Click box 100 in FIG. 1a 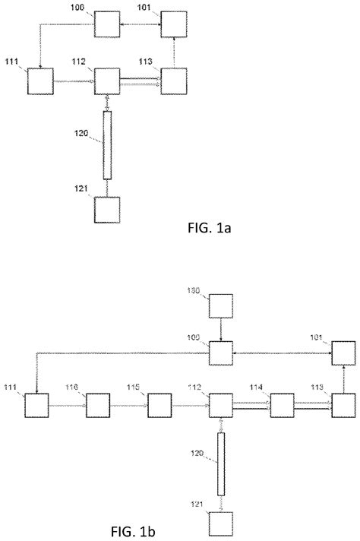click(x=107, y=26)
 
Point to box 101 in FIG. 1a click(x=173, y=25)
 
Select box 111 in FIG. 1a click(x=40, y=81)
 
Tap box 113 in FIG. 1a click(x=173, y=81)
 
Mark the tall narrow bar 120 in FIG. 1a click(x=107, y=144)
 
